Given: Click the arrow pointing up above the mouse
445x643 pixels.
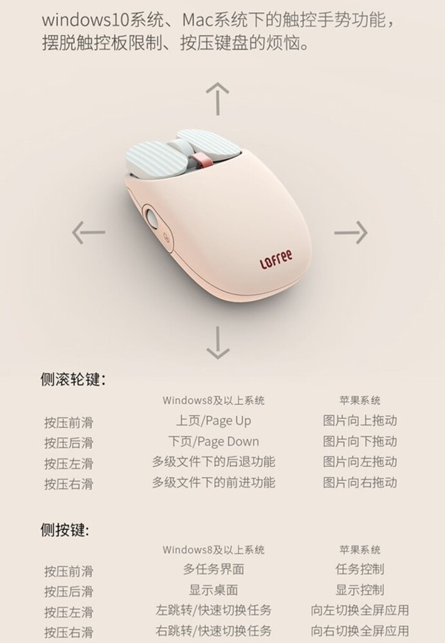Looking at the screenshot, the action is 217,98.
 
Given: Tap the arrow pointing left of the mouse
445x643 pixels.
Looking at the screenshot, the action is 88,233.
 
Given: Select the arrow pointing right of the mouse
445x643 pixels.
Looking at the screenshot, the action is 350,233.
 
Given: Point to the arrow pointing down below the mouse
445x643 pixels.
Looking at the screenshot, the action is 217,343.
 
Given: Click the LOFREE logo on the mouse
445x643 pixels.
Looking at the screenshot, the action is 276,259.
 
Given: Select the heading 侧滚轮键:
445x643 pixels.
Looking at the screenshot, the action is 73,379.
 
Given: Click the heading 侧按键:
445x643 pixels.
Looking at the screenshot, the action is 65,529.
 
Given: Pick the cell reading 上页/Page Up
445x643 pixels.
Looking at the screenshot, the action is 213,421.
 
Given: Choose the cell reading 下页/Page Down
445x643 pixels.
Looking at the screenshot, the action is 213,441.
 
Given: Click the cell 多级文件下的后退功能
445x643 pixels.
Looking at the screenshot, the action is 213,462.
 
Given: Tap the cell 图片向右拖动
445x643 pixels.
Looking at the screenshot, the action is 359,482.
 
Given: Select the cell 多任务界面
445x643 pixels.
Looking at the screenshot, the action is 213,569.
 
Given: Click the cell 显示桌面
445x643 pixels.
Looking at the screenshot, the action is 213,590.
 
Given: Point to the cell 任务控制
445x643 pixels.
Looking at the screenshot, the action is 359,569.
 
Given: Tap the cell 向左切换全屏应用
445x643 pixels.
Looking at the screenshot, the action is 359,610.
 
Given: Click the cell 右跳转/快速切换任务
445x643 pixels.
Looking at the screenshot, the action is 213,631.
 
